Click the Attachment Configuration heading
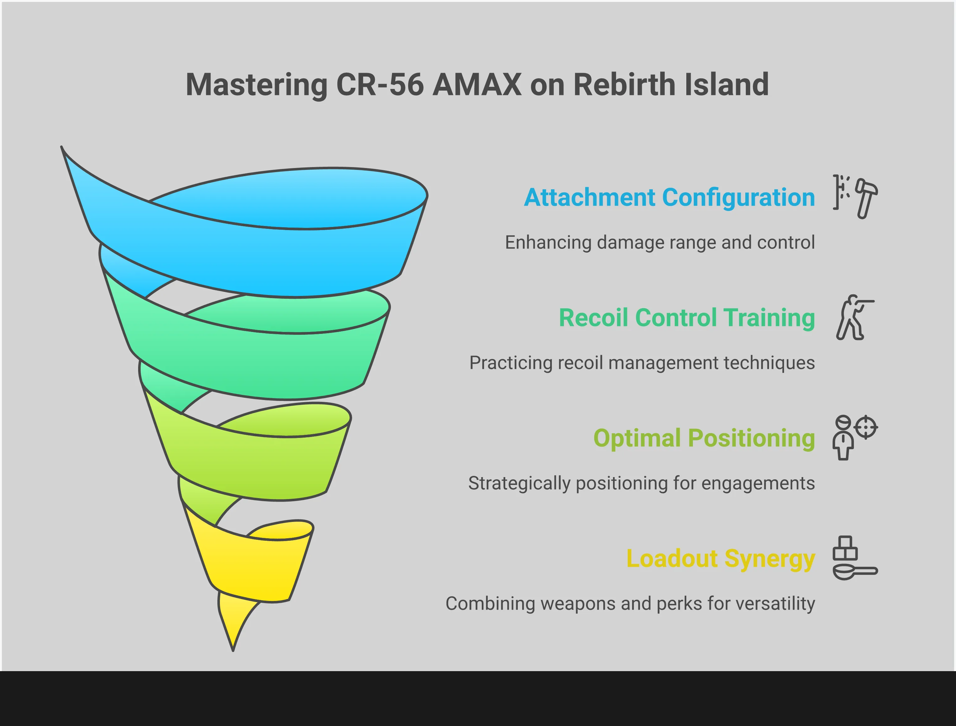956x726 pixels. [x=669, y=198]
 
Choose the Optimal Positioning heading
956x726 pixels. [x=704, y=439]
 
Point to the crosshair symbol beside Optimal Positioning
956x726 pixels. [x=866, y=427]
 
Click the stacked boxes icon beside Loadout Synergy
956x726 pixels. [x=845, y=548]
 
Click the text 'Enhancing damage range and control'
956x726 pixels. [x=660, y=243]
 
